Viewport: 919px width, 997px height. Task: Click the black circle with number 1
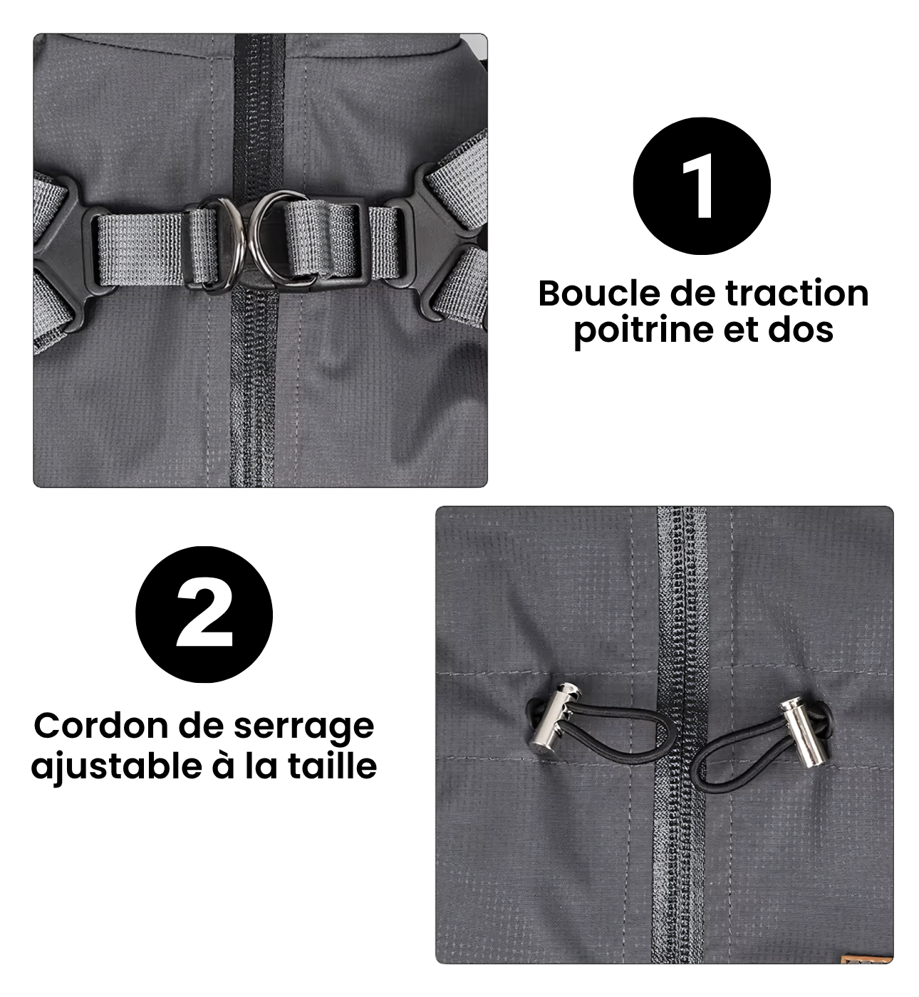click(702, 186)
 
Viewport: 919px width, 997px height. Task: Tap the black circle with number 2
click(204, 615)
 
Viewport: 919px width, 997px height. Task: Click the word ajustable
click(117, 766)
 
